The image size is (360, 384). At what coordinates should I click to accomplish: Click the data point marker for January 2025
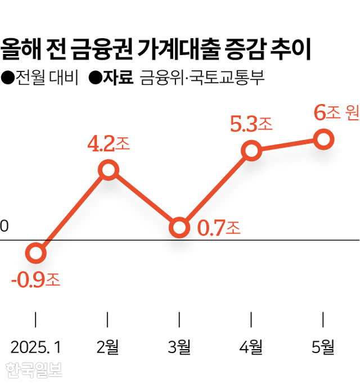[x=36, y=254]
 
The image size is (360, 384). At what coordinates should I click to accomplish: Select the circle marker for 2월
[x=108, y=169]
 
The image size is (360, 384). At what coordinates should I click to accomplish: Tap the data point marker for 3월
[x=179, y=228]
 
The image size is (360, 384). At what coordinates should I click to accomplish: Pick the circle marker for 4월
[x=251, y=151]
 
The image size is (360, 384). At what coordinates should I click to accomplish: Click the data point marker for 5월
[x=323, y=139]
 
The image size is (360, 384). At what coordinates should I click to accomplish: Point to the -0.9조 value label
[x=35, y=279]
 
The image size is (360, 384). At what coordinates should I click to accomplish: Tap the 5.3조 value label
[x=251, y=124]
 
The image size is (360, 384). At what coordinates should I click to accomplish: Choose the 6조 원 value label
[x=336, y=113]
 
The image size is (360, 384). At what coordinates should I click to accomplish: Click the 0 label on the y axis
[x=4, y=226]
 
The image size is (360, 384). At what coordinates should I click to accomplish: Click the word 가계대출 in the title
[x=174, y=50]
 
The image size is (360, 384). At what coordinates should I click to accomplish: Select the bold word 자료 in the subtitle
[x=118, y=78]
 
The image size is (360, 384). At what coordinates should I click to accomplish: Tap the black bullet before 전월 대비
[x=8, y=78]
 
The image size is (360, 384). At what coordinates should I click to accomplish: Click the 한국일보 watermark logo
[x=33, y=369]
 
